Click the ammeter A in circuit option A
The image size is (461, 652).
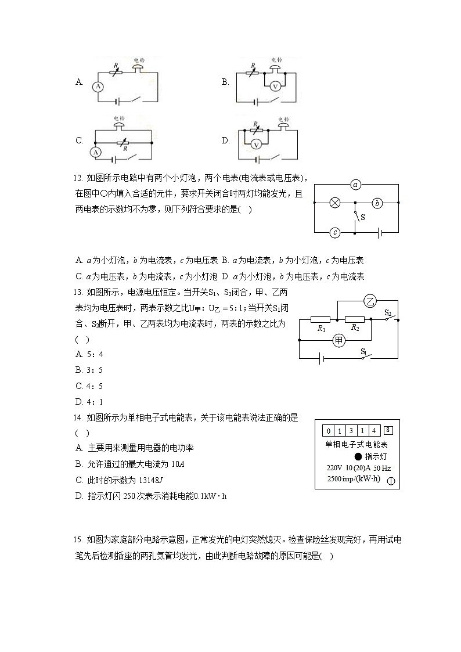point(98,86)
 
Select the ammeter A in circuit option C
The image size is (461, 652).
point(98,152)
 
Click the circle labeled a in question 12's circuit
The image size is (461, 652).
point(356,185)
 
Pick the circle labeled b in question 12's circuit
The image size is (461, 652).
point(377,203)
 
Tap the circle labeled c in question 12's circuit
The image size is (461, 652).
point(335,233)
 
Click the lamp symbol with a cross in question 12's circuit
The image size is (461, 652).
point(335,203)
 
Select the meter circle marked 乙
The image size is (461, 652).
point(370,301)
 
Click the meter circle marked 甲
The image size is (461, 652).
point(338,340)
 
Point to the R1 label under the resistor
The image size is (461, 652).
point(320,329)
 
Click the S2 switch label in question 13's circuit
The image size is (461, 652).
point(388,312)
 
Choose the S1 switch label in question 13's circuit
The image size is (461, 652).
point(364,351)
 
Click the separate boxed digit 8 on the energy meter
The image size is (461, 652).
point(388,430)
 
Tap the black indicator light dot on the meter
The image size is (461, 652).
point(358,456)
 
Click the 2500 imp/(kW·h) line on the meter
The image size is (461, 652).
point(353,479)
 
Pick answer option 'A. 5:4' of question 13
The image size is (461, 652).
point(89,354)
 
